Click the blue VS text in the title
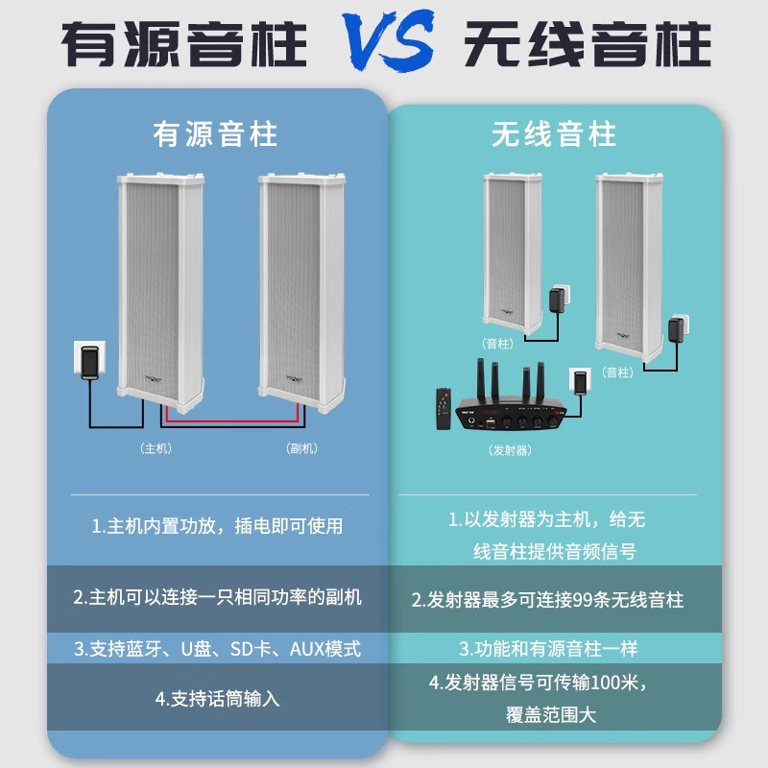pyautogui.click(x=383, y=43)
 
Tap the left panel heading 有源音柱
pyautogui.click(x=215, y=133)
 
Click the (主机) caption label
pyautogui.click(x=155, y=447)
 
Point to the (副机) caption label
pyautogui.click(x=302, y=447)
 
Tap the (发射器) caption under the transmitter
pyautogui.click(x=509, y=449)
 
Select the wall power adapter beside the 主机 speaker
pyautogui.click(x=90, y=362)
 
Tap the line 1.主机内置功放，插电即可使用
pyautogui.click(x=217, y=526)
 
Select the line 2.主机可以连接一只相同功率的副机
pyautogui.click(x=217, y=597)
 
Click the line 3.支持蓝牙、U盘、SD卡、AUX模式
pyautogui.click(x=217, y=649)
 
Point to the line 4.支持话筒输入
pyautogui.click(x=217, y=698)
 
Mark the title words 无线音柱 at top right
pyautogui.click(x=588, y=43)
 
